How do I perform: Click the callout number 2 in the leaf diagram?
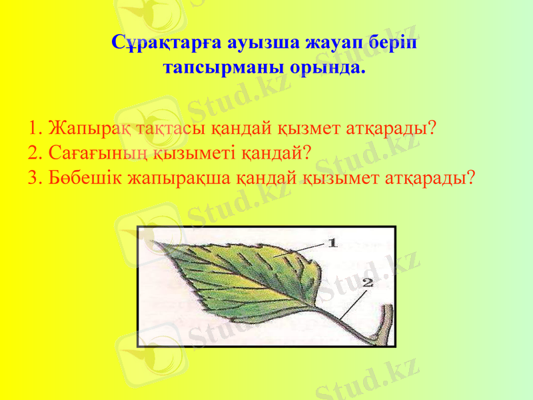pyautogui.click(x=368, y=283)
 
